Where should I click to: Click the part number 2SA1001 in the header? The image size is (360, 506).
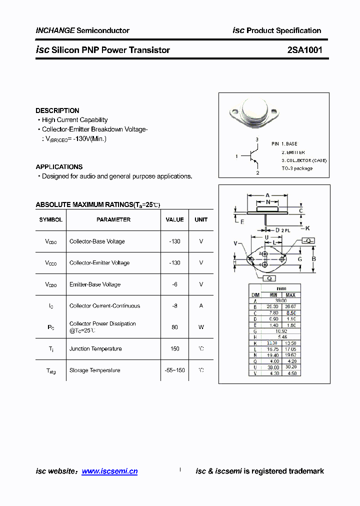click(x=304, y=50)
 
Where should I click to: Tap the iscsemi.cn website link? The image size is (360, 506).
click(x=109, y=471)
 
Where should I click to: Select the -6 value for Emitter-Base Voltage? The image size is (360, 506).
click(x=174, y=284)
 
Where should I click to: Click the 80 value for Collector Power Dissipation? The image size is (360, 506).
click(x=174, y=327)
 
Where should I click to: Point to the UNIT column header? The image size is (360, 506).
click(x=201, y=219)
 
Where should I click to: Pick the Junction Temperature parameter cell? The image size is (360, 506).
click(x=95, y=348)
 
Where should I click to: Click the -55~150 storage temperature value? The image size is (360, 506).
click(x=174, y=370)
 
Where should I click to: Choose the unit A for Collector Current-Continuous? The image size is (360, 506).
click(x=201, y=305)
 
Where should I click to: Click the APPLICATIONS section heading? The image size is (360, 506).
click(x=59, y=166)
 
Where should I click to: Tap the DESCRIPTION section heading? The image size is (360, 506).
click(x=57, y=110)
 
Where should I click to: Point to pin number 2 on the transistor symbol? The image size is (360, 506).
click(x=257, y=173)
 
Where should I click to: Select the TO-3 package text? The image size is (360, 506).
click(x=297, y=168)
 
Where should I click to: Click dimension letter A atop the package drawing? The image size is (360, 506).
click(x=267, y=195)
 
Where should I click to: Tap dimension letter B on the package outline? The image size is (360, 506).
click(x=313, y=259)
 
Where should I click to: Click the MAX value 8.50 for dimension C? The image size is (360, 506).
click(x=290, y=313)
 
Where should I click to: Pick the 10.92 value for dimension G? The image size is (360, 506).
click(x=281, y=331)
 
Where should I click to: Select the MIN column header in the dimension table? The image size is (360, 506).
click(x=272, y=295)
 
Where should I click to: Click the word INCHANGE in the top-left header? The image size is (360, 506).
click(x=55, y=30)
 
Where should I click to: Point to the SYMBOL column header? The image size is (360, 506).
click(x=51, y=219)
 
